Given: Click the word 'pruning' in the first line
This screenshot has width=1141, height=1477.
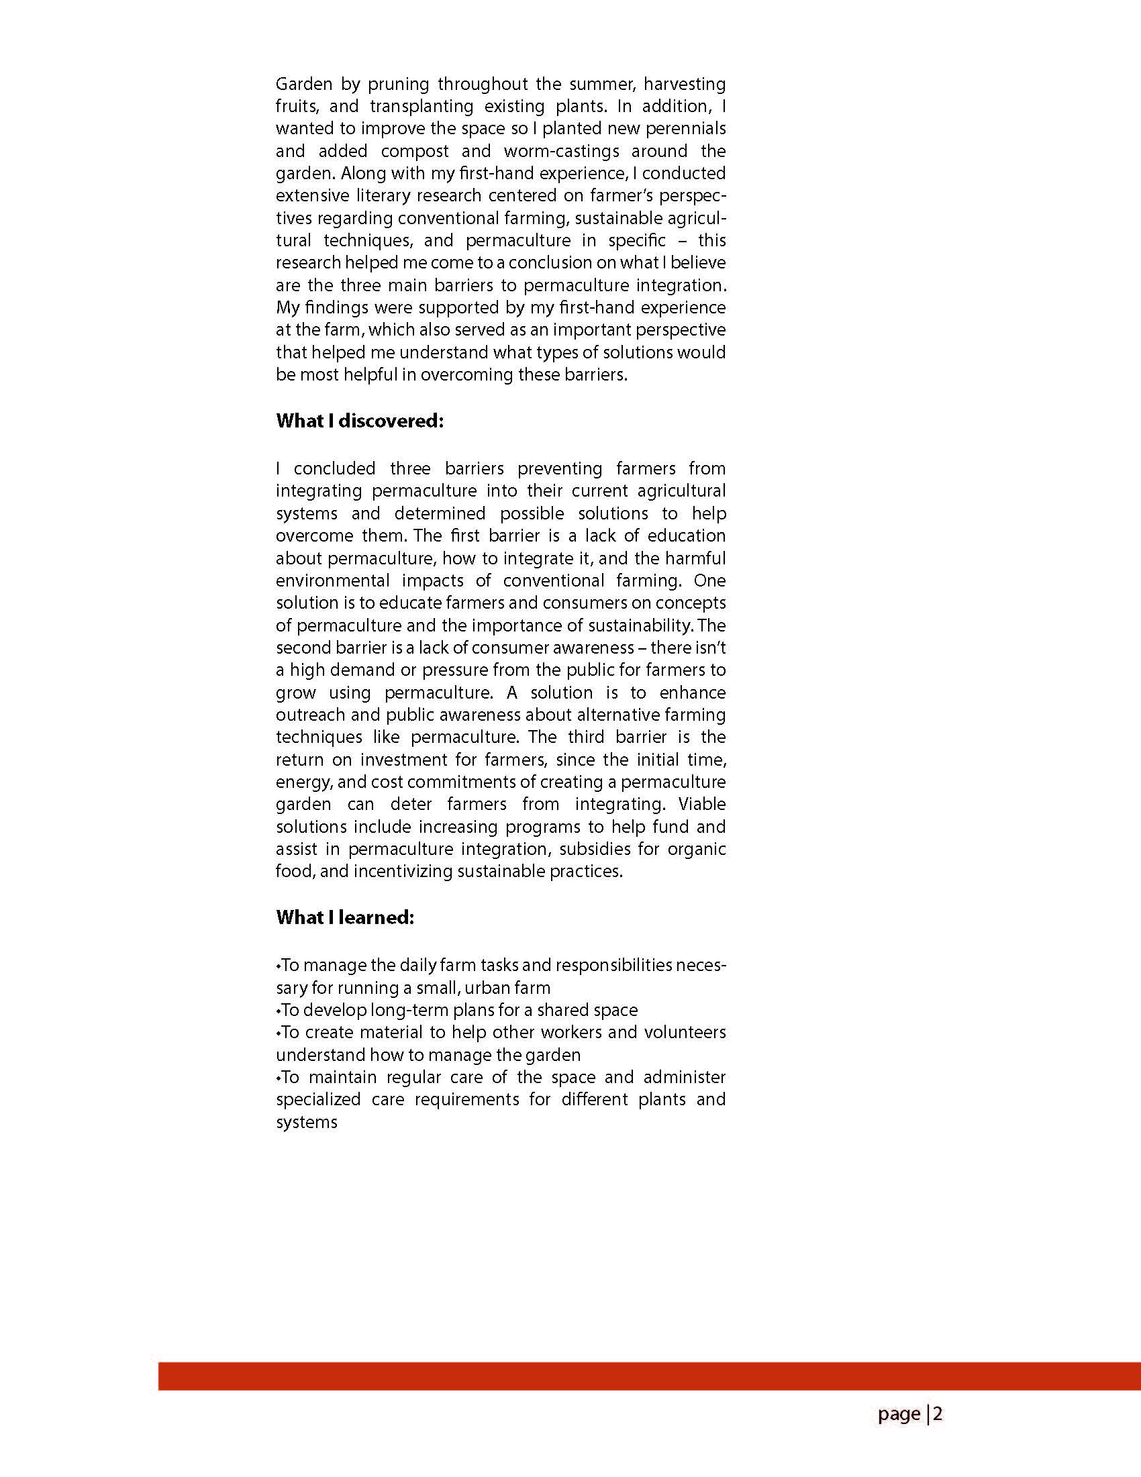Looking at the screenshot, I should pos(399,85).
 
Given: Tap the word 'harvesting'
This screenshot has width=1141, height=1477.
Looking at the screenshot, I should pos(685,85).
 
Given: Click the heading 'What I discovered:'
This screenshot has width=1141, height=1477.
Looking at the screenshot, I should pos(360,421).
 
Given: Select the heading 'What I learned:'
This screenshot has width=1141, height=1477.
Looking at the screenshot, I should pos(345,917).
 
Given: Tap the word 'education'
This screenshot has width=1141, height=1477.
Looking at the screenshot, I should pos(687,536).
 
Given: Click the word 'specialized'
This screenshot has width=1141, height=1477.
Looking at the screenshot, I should pos(318,1100).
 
